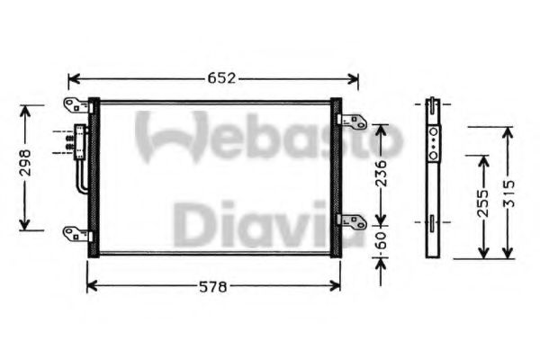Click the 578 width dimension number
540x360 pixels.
coord(213,287)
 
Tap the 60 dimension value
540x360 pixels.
coord(381,242)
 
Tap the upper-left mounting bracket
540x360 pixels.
coord(76,104)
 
